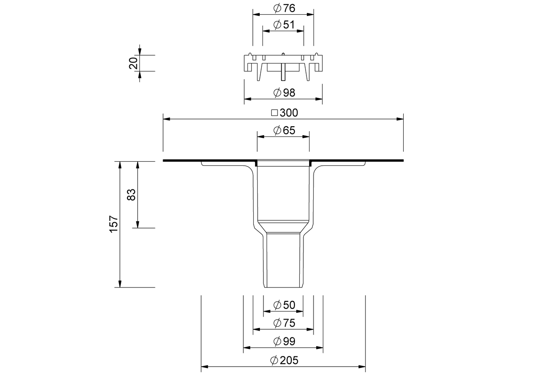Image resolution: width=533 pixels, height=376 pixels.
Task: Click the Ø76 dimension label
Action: tap(284, 8)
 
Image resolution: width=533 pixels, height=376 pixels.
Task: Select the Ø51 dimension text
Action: tap(284, 25)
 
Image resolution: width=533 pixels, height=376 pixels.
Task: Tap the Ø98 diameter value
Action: tap(284, 92)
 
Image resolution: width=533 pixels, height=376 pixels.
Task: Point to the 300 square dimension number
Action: tap(289, 113)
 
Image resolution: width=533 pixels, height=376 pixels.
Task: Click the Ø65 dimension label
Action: tap(284, 131)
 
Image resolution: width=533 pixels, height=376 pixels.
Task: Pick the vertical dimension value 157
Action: tap(114, 224)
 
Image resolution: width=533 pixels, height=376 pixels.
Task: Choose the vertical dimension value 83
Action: tap(131, 195)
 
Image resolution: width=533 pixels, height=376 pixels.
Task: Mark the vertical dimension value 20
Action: tap(133, 63)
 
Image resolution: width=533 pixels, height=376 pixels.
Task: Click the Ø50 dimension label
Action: tap(284, 305)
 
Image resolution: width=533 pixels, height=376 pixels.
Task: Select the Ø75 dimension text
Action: tap(284, 323)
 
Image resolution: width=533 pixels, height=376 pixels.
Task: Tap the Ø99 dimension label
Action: tap(284, 341)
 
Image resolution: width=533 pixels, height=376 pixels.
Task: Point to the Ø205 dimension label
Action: tap(284, 360)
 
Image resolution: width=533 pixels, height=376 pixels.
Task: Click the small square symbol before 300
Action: tap(274, 113)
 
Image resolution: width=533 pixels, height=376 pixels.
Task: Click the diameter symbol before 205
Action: tap(274, 360)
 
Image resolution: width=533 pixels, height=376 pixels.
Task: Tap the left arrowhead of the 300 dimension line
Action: tap(167, 119)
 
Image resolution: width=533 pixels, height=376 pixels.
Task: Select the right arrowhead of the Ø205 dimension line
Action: tap(362, 367)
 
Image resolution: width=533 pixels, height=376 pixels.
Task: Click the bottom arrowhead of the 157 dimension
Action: tap(120, 284)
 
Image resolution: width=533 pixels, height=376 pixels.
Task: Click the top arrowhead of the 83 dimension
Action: tap(138, 165)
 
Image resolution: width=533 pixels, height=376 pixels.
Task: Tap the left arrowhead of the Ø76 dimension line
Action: tap(256, 14)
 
